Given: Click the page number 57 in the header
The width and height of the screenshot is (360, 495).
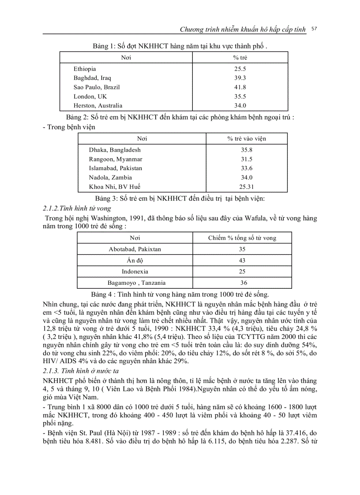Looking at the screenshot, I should (314, 29).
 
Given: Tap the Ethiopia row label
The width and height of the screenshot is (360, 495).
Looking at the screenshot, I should (85, 69).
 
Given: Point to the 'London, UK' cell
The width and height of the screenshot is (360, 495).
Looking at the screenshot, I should (90, 97).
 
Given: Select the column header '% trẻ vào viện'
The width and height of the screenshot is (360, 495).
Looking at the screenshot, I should (247, 138).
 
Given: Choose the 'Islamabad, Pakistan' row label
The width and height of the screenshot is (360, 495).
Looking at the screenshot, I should (116, 168).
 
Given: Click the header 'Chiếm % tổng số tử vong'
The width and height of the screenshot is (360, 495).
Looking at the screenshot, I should (242, 238).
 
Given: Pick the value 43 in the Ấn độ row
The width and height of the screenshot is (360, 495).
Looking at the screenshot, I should (242, 261).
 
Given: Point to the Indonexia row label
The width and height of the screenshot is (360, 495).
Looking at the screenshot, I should (135, 272).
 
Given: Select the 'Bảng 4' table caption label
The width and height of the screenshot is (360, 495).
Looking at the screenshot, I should (101, 294).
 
